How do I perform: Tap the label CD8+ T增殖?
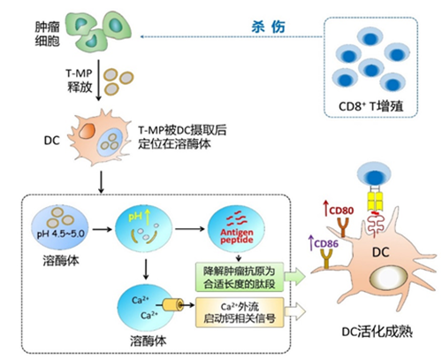coord(371,108)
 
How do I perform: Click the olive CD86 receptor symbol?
coord(325,257)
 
